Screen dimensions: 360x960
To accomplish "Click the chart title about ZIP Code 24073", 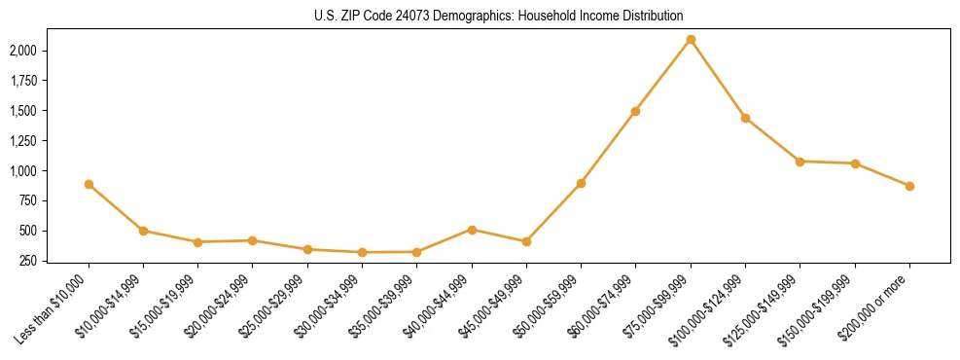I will pyautogui.click(x=499, y=16).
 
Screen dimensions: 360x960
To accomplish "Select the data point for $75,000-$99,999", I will pyautogui.click(x=691, y=40).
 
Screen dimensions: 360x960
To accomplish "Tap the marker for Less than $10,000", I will pyautogui.click(x=89, y=184).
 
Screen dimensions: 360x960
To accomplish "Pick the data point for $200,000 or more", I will pyautogui.click(x=909, y=186).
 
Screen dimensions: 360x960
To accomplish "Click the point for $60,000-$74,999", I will pyautogui.click(x=635, y=111).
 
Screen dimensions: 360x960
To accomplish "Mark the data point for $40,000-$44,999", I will pyautogui.click(x=472, y=230).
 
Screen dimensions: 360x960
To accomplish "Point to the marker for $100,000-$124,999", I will pyautogui.click(x=745, y=118).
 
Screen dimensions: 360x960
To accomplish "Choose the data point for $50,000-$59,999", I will pyautogui.click(x=581, y=183).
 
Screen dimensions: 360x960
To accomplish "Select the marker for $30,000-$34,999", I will pyautogui.click(x=362, y=252).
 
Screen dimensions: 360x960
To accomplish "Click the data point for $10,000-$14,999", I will pyautogui.click(x=143, y=231).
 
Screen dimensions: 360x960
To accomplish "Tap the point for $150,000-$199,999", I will pyautogui.click(x=855, y=163).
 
